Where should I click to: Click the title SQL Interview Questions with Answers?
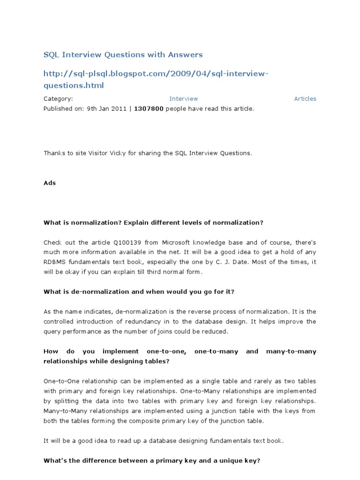(x=123, y=55)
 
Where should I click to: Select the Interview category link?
(x=183, y=98)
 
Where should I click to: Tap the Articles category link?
(x=305, y=98)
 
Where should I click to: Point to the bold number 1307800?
(x=149, y=109)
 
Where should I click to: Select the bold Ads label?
(x=50, y=183)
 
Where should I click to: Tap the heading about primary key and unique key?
(x=151, y=460)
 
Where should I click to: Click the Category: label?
(x=58, y=98)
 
